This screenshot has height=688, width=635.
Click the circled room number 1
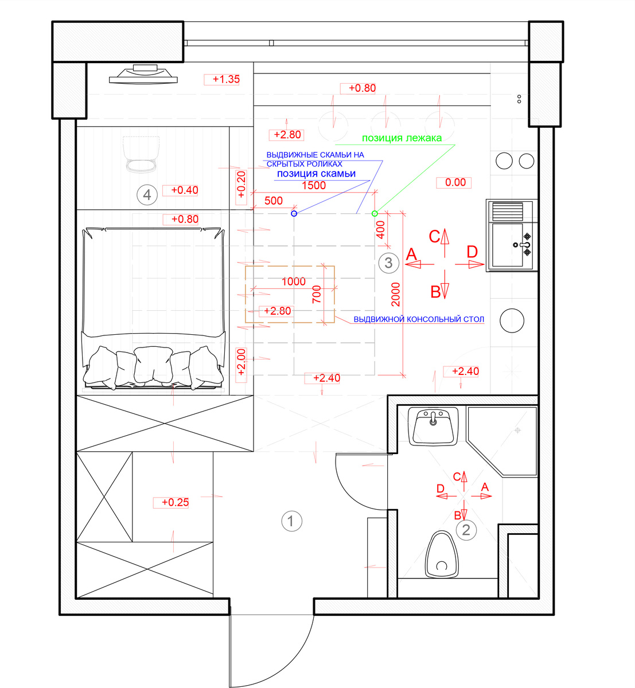click(291, 521)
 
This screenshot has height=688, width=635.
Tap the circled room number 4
click(147, 195)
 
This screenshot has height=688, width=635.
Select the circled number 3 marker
click(388, 263)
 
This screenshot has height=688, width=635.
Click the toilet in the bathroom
click(442, 554)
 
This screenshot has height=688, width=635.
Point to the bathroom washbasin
click(433, 427)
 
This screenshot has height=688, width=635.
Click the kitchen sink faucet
click(523, 245)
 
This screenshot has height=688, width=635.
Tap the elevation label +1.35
click(226, 79)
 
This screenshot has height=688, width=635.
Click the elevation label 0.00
click(455, 182)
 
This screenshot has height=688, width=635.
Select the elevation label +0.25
click(176, 502)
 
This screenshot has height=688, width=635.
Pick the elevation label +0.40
click(185, 190)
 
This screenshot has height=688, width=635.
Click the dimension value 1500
click(314, 186)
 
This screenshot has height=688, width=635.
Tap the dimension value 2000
click(395, 295)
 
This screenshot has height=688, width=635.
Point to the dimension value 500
click(274, 201)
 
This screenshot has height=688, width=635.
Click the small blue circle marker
click(294, 214)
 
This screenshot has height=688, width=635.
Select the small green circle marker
click(375, 214)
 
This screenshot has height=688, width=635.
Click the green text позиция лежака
click(402, 138)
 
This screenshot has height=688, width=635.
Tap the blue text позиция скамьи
click(316, 174)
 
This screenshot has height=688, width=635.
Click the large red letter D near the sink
click(472, 252)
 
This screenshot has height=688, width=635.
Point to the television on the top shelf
click(143, 74)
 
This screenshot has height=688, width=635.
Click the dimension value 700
click(317, 295)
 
